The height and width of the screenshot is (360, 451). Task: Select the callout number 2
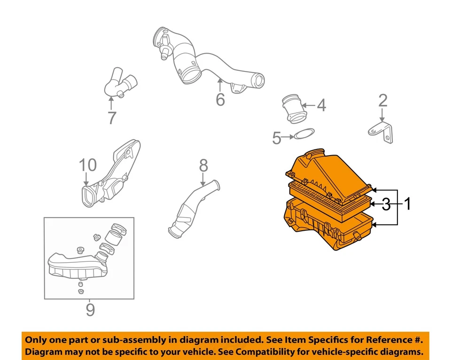click(x=383, y=101)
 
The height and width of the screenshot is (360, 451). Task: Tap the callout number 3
click(x=386, y=204)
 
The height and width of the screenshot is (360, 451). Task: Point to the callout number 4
click(x=321, y=105)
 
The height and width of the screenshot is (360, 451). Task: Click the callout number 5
click(x=277, y=138)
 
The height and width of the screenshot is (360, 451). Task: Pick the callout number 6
click(x=220, y=100)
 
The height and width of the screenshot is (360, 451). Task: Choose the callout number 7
click(x=111, y=117)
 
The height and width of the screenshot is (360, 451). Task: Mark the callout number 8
click(x=203, y=165)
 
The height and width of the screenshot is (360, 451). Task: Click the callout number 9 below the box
click(x=90, y=310)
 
